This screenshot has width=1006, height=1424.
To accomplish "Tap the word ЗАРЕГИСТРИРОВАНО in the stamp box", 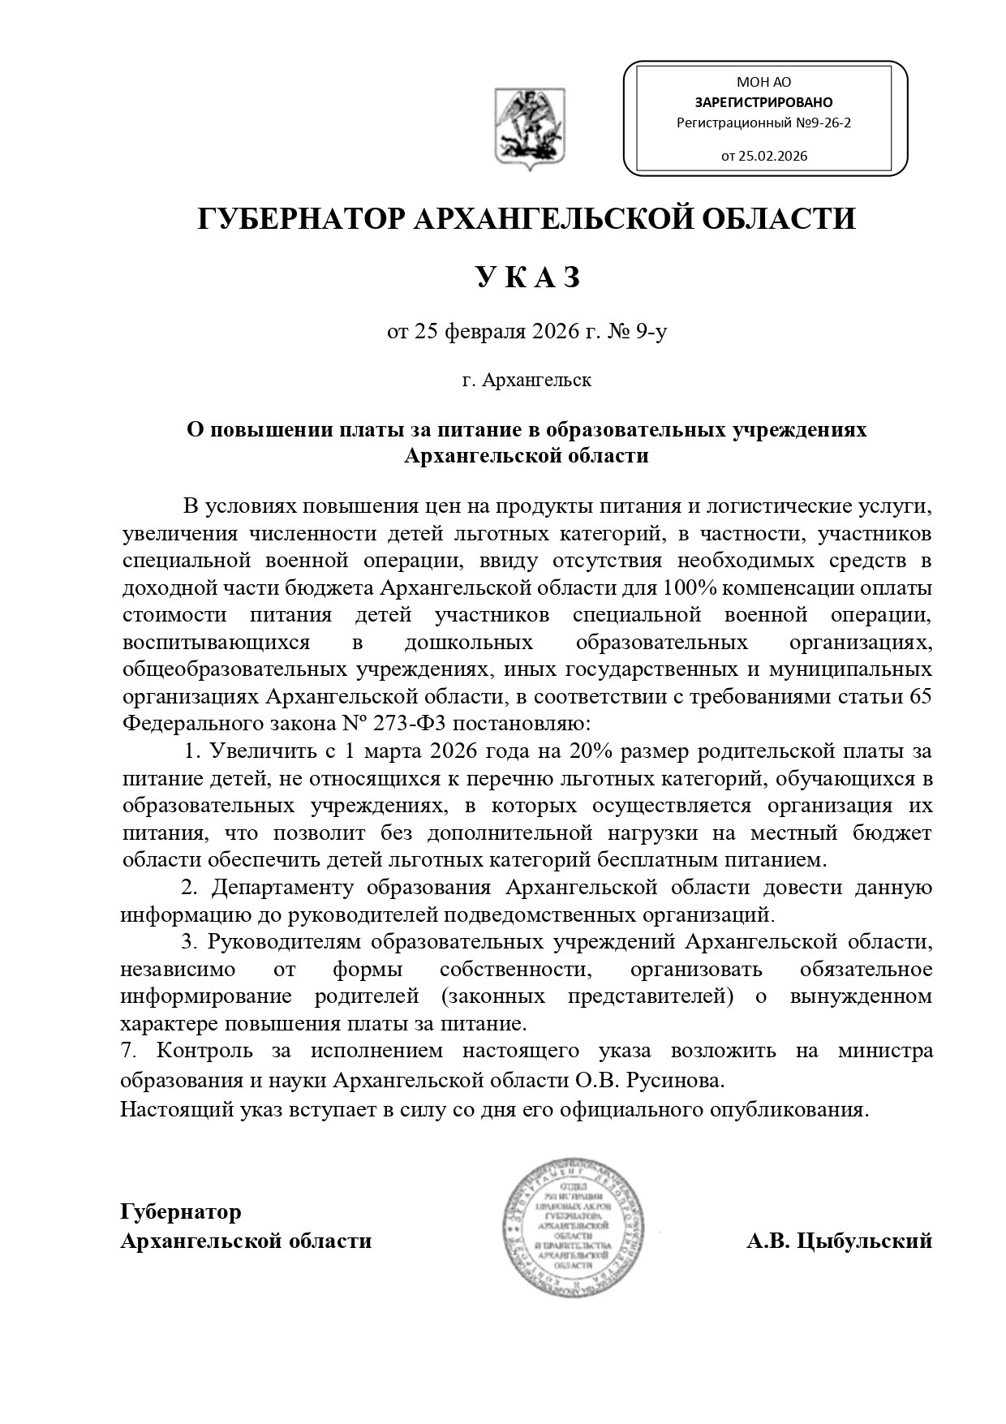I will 763,102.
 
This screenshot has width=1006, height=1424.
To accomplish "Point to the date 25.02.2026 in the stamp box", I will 772,156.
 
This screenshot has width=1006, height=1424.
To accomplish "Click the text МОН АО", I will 763,82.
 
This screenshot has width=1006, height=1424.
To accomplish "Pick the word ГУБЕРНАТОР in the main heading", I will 300,219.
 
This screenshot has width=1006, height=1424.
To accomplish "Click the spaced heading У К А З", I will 527,277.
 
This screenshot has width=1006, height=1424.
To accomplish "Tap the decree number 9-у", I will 651,331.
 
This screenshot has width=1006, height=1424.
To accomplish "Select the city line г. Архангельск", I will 527,380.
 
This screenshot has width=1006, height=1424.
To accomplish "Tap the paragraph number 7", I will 127,1051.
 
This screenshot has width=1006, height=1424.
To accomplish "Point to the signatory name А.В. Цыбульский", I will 839,1241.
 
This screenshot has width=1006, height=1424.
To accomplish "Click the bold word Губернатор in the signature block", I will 181,1212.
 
